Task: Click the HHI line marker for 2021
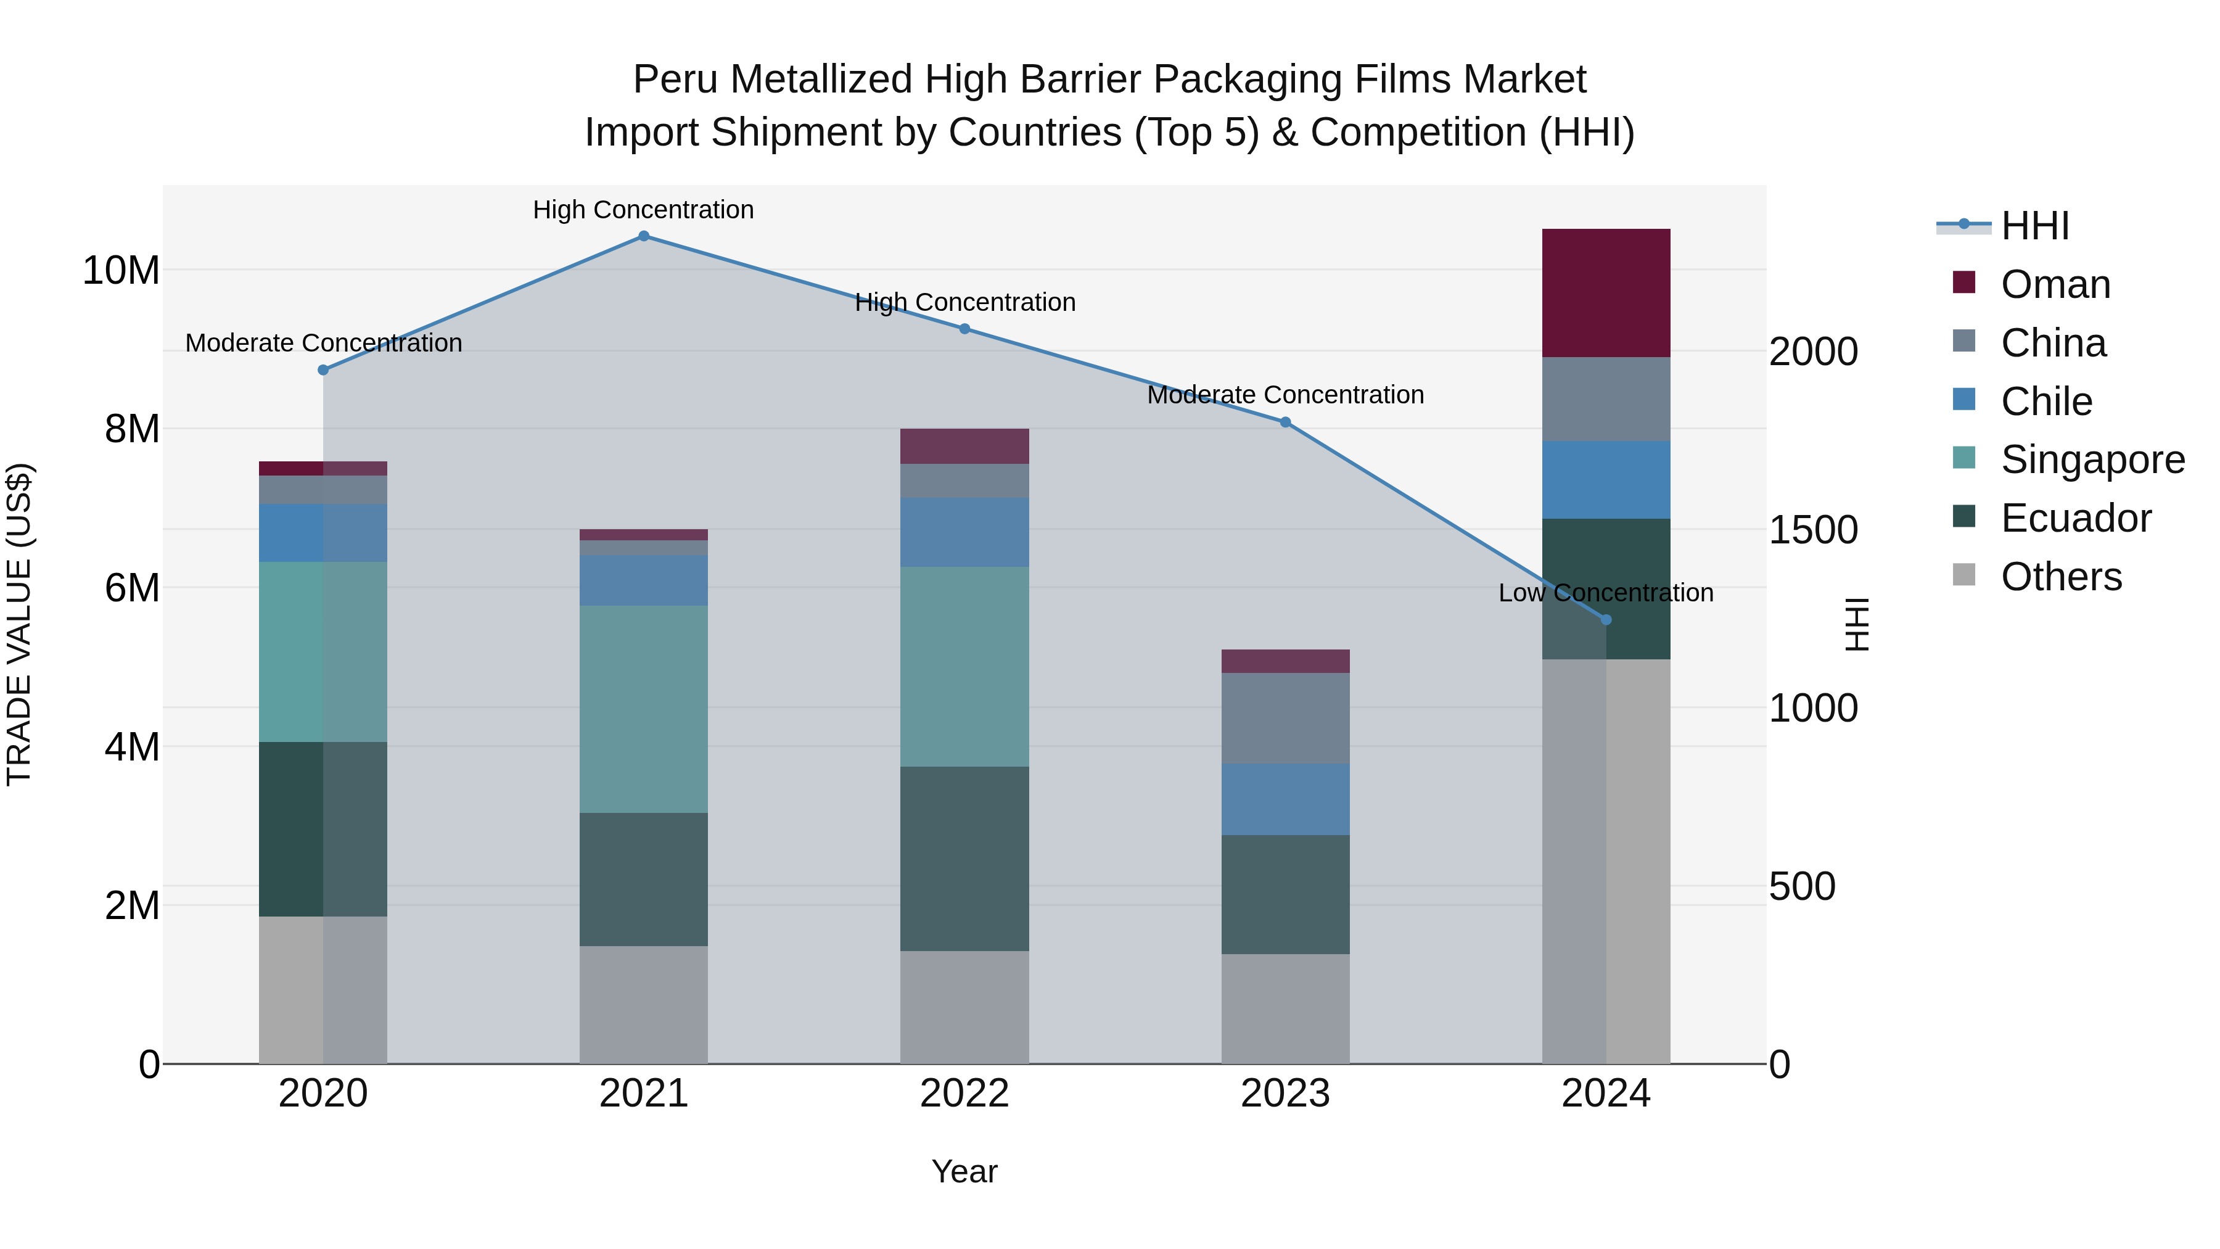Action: point(643,236)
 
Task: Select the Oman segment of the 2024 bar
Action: point(1606,293)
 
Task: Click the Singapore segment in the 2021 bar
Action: point(643,709)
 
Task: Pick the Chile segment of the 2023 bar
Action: point(1285,799)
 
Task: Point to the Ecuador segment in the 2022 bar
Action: point(964,859)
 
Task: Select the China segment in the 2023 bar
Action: point(1285,718)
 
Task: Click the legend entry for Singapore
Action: point(2092,460)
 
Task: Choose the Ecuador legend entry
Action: point(2075,518)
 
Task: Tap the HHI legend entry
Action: point(2034,226)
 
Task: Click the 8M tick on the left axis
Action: point(132,429)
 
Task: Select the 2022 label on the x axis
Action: point(964,1094)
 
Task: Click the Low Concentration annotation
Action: point(1606,593)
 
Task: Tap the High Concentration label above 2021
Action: point(643,210)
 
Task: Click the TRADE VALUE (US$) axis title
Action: point(19,624)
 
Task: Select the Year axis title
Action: point(964,1171)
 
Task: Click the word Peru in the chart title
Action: point(676,80)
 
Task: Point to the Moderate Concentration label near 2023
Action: point(1285,395)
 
